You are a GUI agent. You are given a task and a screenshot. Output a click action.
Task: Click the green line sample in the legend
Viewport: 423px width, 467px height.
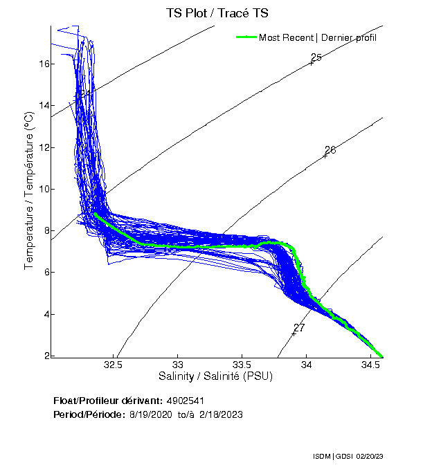(x=246, y=37)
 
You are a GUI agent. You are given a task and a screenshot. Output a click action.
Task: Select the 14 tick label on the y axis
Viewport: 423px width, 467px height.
(x=45, y=106)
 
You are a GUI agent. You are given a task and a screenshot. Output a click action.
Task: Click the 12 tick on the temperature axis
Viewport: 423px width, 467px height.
(x=45, y=147)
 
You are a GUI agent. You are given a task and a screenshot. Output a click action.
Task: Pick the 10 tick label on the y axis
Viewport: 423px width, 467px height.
(x=45, y=189)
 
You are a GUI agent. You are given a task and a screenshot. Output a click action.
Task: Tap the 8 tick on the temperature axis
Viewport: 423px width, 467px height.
(x=45, y=231)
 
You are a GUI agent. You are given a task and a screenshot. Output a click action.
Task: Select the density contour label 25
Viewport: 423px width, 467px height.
(x=316, y=57)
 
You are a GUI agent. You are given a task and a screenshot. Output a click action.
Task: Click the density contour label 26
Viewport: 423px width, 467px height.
(x=330, y=150)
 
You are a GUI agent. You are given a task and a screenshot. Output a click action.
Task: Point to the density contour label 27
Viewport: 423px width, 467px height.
(x=299, y=327)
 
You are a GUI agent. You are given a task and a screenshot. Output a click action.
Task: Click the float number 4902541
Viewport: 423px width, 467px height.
(x=186, y=401)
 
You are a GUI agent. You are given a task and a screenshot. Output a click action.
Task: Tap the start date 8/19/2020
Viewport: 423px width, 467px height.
(x=151, y=414)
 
